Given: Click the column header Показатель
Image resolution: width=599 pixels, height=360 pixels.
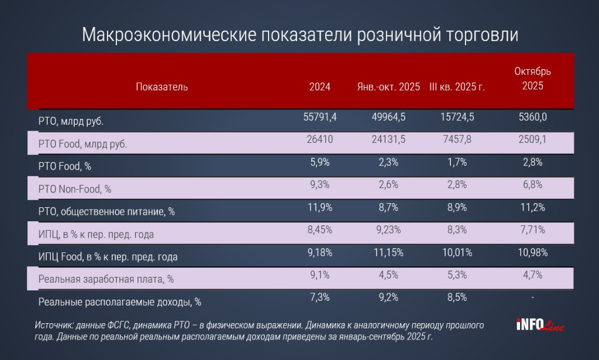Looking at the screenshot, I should tap(161, 87).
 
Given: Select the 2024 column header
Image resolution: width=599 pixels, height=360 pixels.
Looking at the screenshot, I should tap(320, 87).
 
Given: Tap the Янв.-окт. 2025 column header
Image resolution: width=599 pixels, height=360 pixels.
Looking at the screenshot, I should tap(388, 87).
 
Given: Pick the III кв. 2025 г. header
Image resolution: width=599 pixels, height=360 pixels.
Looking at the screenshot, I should tap(457, 87).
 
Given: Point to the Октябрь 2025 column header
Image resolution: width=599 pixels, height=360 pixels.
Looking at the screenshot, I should tap(532, 78).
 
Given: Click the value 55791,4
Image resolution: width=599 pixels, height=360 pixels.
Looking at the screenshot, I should tap(320, 117).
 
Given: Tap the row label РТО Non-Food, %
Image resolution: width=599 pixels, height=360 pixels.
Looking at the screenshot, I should tap(74, 188).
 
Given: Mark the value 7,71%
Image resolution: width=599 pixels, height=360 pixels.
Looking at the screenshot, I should tap(532, 229).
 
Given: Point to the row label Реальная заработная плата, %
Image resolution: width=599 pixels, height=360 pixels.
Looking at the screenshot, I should tap(106, 279).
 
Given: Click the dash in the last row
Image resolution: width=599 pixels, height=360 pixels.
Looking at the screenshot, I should tap(532, 297).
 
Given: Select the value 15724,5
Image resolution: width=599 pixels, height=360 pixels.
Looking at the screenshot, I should tap(457, 117).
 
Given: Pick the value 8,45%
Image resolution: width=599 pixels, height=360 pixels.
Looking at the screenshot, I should tap(320, 229).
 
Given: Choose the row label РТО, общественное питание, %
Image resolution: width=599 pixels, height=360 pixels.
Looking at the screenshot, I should tap(106, 211).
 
